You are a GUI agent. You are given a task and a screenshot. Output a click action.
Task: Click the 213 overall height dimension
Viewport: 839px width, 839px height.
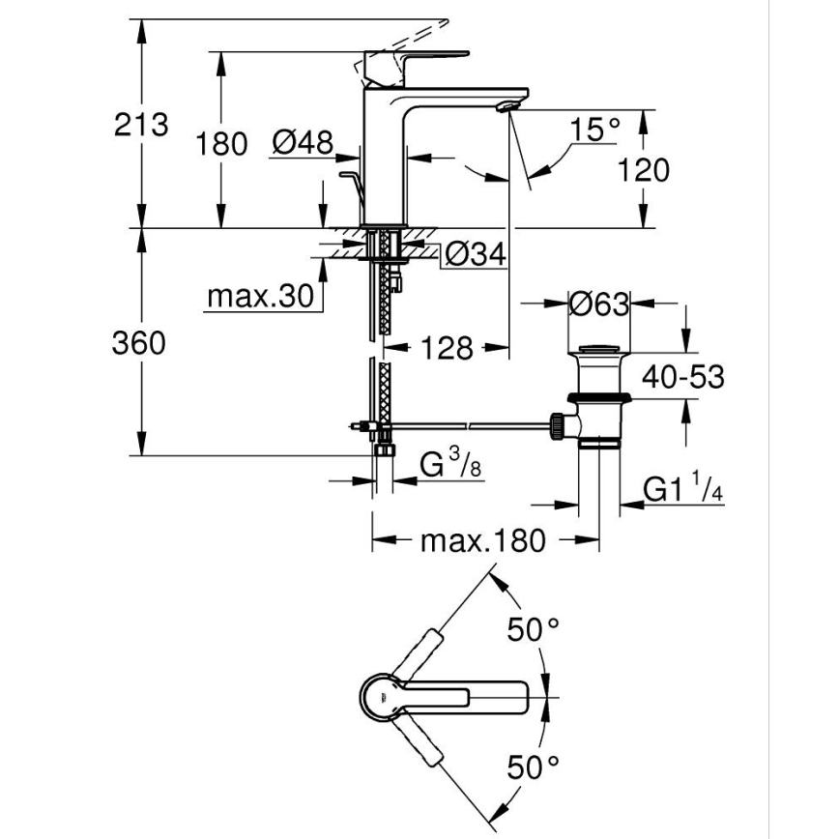tap(141, 124)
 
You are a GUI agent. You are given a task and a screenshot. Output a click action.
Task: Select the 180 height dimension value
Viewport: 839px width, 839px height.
tap(222, 144)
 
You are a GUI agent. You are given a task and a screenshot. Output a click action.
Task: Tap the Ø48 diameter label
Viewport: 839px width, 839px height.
tap(303, 143)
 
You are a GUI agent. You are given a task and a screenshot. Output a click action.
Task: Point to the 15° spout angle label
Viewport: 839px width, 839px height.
tap(593, 129)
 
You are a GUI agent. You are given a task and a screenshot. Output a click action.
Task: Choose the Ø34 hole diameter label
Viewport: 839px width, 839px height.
tap(476, 255)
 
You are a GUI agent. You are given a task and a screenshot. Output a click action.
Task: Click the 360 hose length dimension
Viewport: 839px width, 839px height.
tap(139, 342)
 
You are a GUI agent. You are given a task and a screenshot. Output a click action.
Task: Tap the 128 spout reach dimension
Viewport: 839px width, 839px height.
tap(447, 347)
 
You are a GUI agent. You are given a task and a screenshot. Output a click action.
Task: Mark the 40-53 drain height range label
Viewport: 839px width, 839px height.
tap(684, 377)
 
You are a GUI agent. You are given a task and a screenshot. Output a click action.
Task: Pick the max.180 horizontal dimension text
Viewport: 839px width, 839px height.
tap(482, 540)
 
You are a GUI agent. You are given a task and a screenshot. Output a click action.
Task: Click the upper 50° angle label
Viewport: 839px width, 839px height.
tap(535, 630)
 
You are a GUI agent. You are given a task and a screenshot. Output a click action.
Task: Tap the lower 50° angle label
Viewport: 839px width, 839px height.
tap(535, 768)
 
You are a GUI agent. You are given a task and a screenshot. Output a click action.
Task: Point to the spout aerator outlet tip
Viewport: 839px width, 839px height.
tap(503, 105)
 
